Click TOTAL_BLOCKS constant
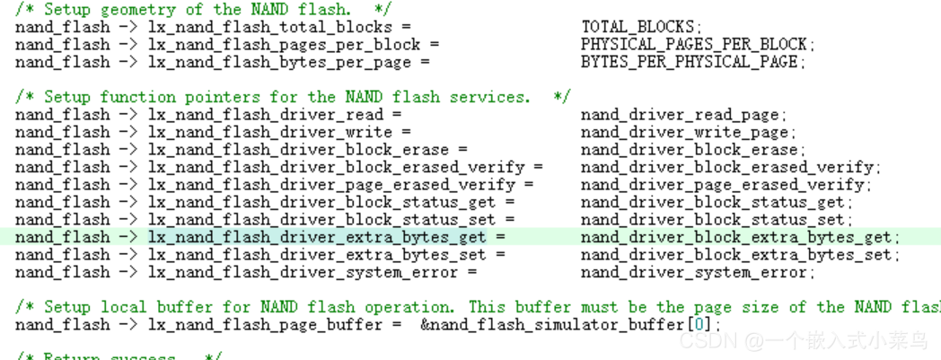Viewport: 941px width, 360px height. (640, 27)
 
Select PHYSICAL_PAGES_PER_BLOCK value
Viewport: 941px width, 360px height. (697, 44)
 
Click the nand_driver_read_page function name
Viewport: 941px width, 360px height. (682, 115)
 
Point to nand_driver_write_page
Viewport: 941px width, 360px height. (687, 132)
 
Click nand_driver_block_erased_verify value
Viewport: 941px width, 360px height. (729, 167)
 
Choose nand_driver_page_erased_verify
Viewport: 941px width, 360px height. (725, 185)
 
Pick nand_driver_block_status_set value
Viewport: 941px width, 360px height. (715, 220)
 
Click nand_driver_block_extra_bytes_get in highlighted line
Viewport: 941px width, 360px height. (738, 238)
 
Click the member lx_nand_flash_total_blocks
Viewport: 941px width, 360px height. (267, 27)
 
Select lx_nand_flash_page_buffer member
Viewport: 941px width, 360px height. (262, 324)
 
